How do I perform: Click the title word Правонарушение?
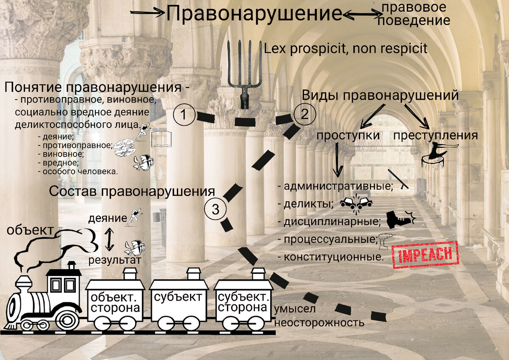(x=254, y=14)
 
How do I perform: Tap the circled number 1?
(x=184, y=114)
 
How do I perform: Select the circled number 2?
(x=304, y=114)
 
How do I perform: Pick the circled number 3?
(x=215, y=209)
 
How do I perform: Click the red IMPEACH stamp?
(x=424, y=255)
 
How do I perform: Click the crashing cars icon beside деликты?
(x=356, y=202)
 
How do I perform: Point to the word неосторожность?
(x=319, y=322)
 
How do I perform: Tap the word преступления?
(x=436, y=136)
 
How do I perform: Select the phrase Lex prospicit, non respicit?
(x=345, y=48)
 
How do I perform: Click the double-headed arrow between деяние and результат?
(x=109, y=239)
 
